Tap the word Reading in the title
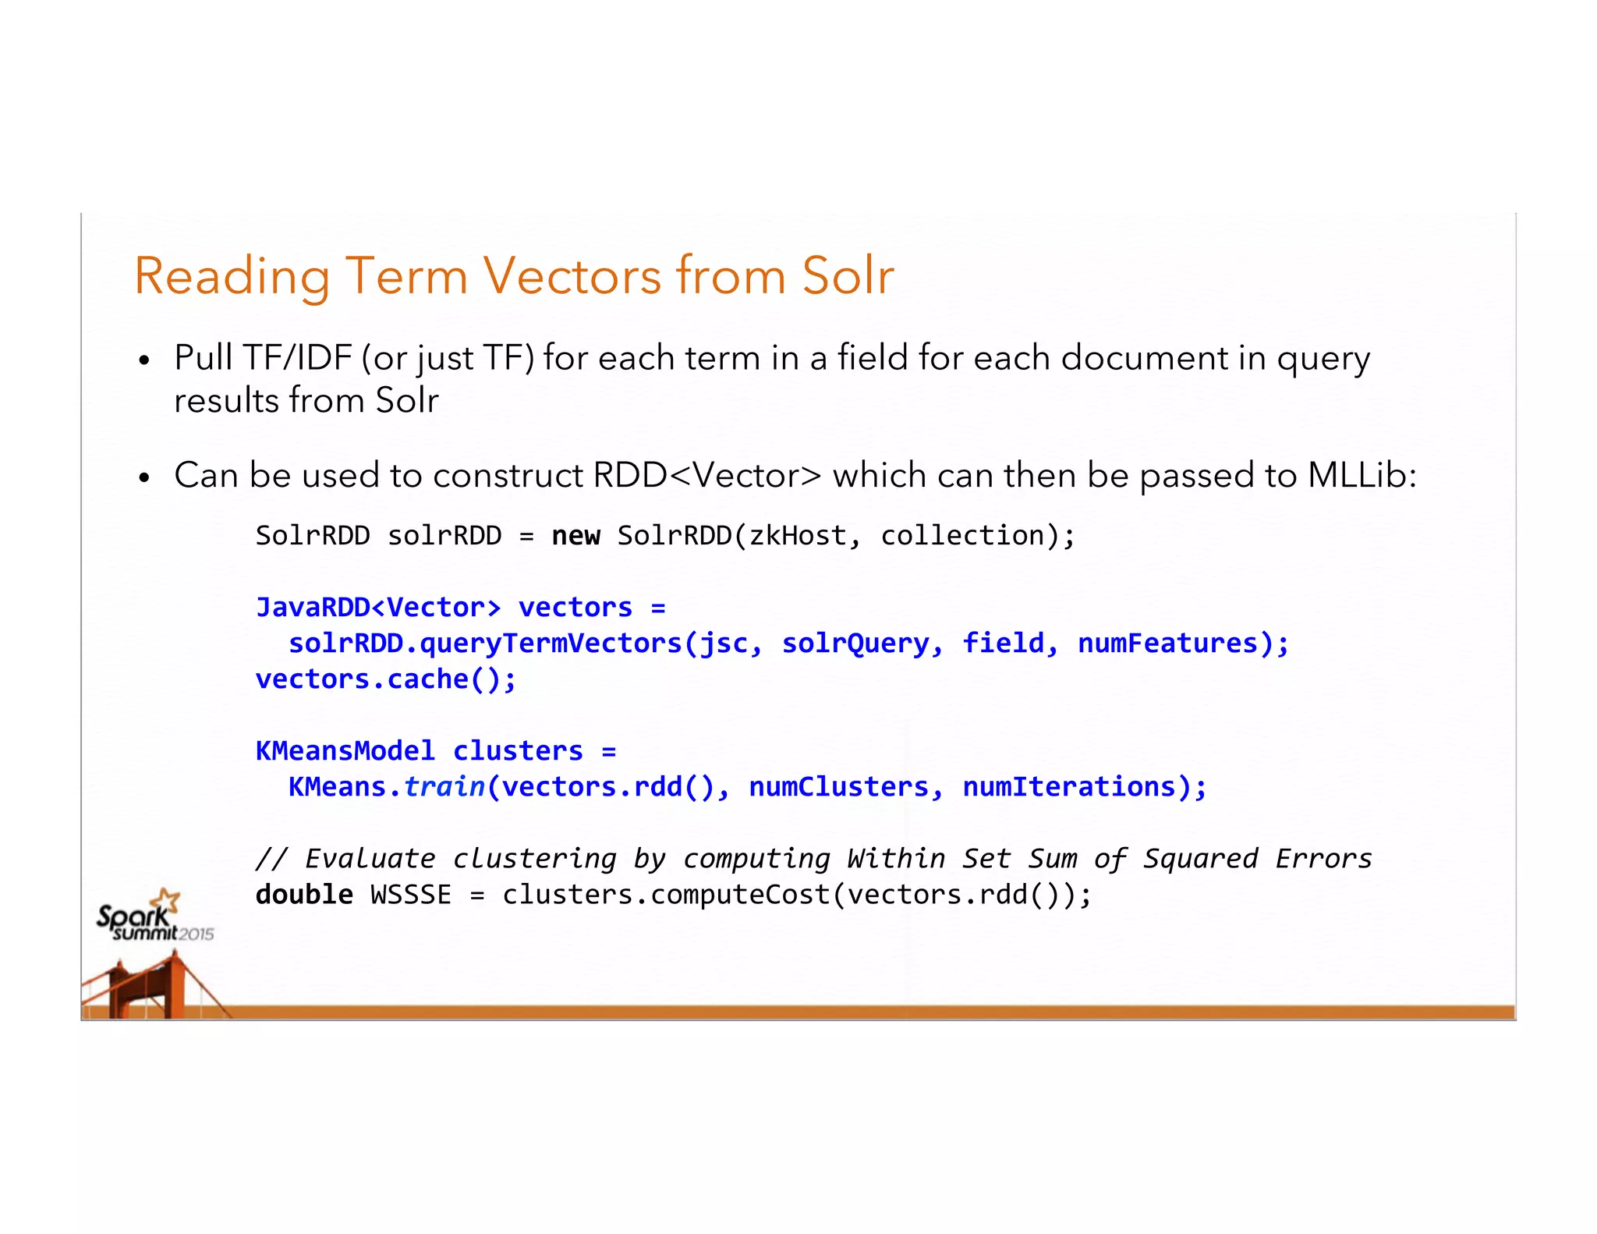[232, 278]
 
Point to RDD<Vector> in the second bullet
[707, 475]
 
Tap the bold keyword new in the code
[575, 536]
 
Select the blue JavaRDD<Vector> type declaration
[378, 607]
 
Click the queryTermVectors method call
[551, 644]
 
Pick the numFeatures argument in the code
[1168, 644]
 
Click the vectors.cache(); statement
[386, 679]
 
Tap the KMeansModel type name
[345, 751]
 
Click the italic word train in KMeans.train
[444, 787]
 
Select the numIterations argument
[1069, 787]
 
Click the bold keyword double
[304, 895]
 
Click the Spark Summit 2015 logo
[154, 918]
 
